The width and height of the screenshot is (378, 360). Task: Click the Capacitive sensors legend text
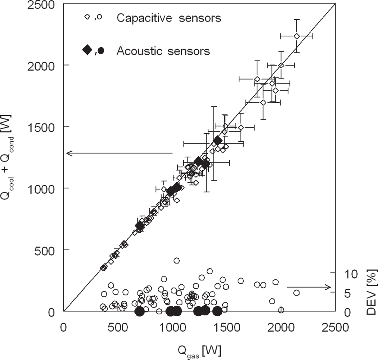(x=169, y=18)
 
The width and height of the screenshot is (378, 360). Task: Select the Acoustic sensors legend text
(x=163, y=51)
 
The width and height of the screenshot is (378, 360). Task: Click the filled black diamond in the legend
(x=87, y=50)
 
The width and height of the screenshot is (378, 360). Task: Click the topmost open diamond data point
(x=297, y=36)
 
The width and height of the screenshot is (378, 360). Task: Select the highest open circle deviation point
(x=176, y=261)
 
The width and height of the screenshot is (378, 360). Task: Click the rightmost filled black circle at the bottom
(x=217, y=311)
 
